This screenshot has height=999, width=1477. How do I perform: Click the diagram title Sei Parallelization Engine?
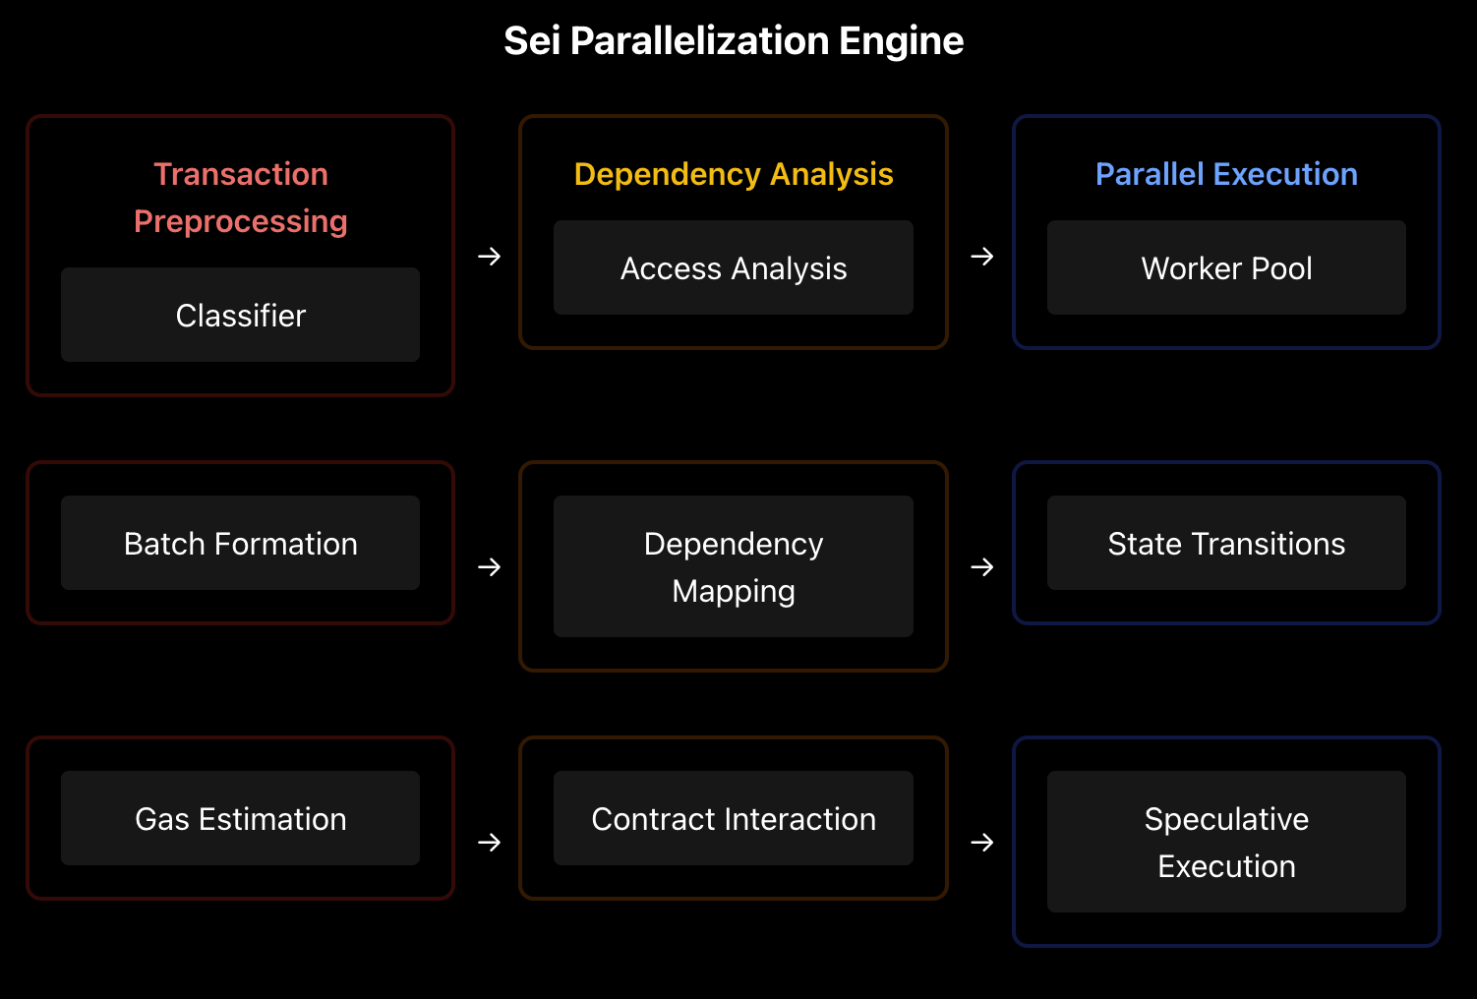(x=734, y=41)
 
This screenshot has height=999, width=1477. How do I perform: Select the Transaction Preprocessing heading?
(x=241, y=198)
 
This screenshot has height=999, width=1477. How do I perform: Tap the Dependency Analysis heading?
(x=734, y=174)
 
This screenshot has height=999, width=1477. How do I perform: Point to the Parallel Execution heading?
(x=1226, y=174)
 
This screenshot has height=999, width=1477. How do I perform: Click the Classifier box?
(x=241, y=315)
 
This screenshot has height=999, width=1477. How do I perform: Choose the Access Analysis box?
(x=734, y=267)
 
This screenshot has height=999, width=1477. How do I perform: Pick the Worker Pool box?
(x=1226, y=267)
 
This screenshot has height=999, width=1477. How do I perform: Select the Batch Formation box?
(x=241, y=543)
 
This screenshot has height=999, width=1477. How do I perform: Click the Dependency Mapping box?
(x=734, y=566)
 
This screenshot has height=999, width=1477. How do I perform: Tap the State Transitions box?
(x=1226, y=543)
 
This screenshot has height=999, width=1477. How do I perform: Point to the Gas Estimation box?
(x=241, y=818)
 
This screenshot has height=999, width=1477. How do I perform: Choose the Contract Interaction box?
(x=734, y=818)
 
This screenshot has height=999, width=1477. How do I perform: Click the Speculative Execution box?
(x=1226, y=842)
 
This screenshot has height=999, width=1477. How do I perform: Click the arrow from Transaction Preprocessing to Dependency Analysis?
(x=489, y=257)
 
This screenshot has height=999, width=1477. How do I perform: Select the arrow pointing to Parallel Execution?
(x=981, y=257)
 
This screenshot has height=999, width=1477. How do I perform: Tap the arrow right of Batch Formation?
(x=489, y=567)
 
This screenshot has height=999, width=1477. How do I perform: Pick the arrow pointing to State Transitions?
(x=981, y=567)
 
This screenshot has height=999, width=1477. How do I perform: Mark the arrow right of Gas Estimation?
(x=489, y=843)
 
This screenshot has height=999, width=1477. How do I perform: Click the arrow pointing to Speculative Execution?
(x=981, y=843)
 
